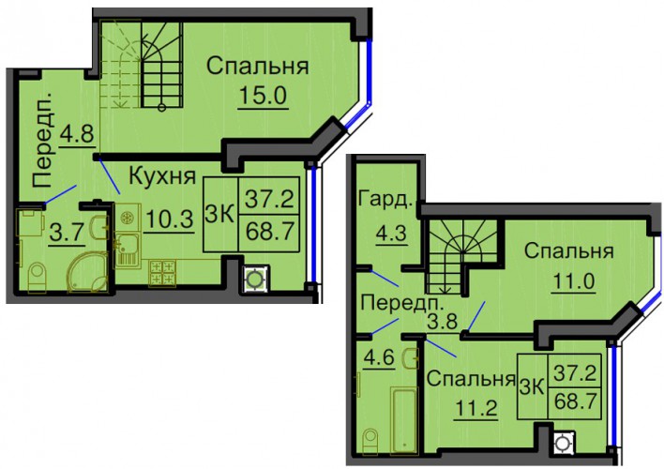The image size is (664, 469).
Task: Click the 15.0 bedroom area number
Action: click(x=263, y=96)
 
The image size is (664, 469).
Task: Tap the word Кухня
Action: click(x=162, y=175)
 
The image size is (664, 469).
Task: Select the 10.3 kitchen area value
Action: click(x=170, y=219)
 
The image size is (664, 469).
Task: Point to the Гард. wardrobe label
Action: click(x=385, y=200)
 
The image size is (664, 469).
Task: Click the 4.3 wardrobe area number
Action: click(x=391, y=233)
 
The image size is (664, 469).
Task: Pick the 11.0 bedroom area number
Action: click(x=574, y=280)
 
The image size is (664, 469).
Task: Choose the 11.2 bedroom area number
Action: click(x=476, y=408)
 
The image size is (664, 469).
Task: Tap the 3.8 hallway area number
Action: click(x=442, y=321)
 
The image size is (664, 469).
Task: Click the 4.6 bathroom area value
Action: click(x=379, y=357)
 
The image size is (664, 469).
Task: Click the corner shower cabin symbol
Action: click(x=88, y=272)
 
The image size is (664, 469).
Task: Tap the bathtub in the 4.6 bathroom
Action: click(x=404, y=419)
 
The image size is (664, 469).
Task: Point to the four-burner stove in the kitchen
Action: click(x=162, y=272)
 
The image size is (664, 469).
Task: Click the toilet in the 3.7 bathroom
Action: click(x=37, y=278)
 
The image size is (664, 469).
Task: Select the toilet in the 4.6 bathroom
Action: click(x=370, y=442)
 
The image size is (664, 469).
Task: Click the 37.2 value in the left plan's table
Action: click(x=269, y=199)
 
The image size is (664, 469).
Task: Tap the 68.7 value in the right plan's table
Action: click(x=575, y=401)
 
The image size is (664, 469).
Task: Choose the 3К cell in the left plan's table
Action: click(x=220, y=215)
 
